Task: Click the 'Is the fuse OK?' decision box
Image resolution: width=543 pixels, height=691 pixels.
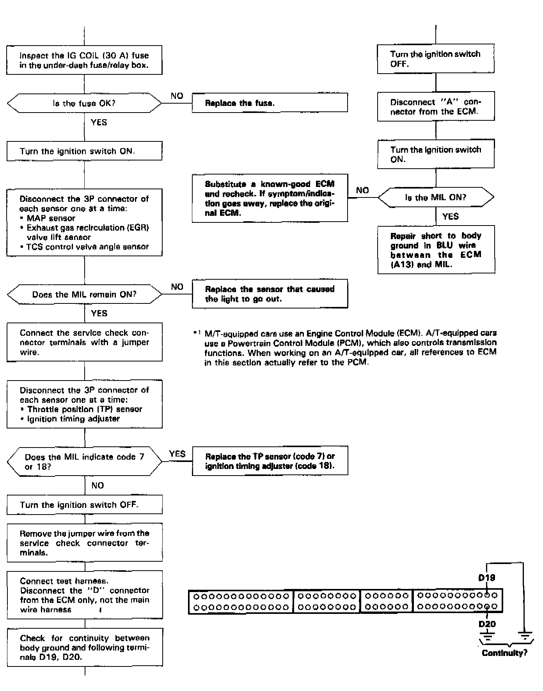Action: point(84,103)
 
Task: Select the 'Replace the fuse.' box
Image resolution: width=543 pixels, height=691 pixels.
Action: point(270,103)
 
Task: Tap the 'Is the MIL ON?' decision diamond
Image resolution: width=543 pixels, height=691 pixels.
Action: point(436,197)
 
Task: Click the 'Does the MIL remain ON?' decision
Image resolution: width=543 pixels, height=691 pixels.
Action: point(84,294)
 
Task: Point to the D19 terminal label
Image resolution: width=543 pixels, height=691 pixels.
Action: point(486,577)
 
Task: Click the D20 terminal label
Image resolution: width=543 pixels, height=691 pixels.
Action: point(487,624)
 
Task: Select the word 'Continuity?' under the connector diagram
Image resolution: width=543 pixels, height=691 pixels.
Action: point(504,653)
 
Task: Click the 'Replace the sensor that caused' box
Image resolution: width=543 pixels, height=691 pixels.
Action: point(270,294)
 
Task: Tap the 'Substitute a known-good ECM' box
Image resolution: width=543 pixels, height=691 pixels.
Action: point(270,198)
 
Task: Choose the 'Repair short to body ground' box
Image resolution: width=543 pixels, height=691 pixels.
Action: point(436,250)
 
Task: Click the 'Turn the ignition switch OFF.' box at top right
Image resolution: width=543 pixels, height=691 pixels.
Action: point(435,59)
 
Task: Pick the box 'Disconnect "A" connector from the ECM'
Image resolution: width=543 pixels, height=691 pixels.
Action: point(436,106)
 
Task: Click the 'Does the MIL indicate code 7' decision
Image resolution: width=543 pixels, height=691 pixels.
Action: point(84,462)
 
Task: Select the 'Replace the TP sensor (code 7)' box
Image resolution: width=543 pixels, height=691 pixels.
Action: point(270,461)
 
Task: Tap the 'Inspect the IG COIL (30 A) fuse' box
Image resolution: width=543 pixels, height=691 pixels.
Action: point(84,60)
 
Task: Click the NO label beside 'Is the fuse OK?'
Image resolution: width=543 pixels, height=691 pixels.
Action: point(177,96)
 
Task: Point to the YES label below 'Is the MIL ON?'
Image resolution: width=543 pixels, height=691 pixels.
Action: point(451,217)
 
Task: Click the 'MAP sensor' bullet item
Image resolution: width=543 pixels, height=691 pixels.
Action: point(51,218)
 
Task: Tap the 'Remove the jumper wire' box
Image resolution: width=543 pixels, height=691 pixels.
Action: point(85,543)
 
